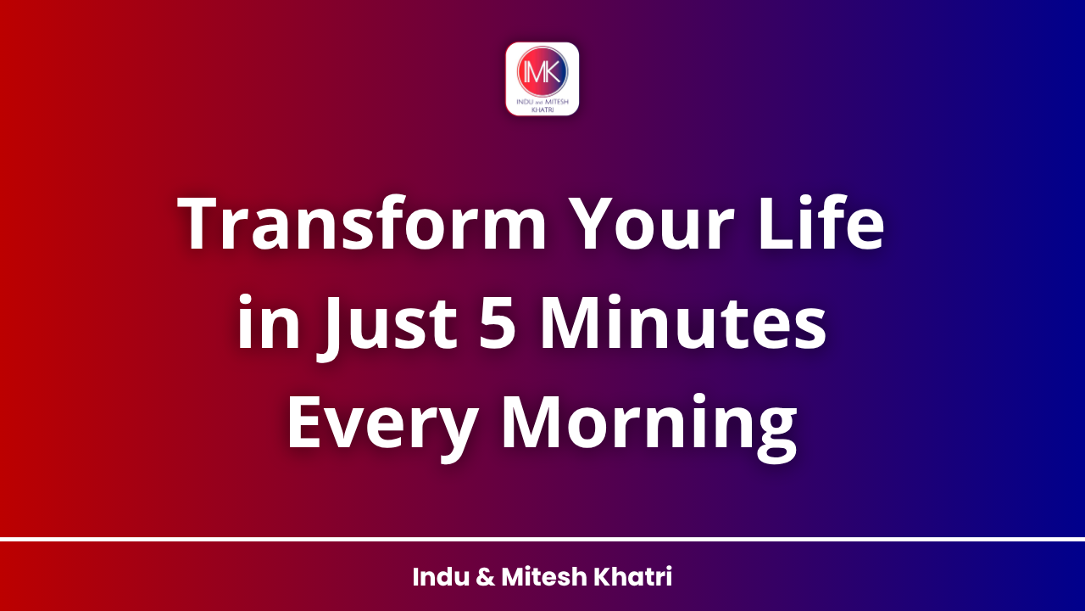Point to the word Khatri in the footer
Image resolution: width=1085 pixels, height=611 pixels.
[x=634, y=578]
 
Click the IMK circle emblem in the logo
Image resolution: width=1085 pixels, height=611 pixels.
[x=542, y=71]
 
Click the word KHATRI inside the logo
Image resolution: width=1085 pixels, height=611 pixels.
[x=542, y=109]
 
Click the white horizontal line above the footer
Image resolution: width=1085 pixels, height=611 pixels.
[x=542, y=539]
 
